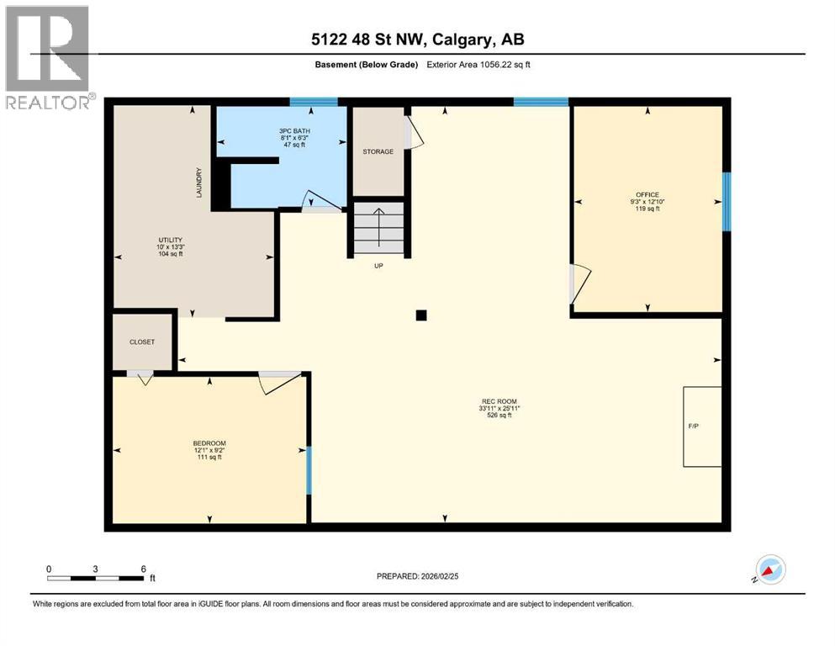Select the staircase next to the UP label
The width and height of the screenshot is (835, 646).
(378, 227)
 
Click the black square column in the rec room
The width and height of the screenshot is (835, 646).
(421, 315)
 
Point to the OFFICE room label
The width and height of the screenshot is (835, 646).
(647, 194)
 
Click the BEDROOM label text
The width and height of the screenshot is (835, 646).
(209, 443)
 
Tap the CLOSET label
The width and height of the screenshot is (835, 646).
(141, 342)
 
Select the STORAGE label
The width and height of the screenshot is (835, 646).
(378, 151)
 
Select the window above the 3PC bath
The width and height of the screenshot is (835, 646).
(314, 102)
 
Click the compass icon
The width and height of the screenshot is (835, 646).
(769, 570)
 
